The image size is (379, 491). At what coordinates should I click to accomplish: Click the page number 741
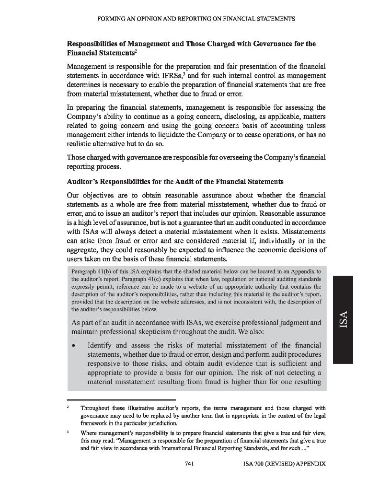pos(189,464)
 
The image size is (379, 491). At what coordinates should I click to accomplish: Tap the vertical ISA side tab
pos(343,319)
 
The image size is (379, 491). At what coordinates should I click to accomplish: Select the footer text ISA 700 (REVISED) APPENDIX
pos(285,464)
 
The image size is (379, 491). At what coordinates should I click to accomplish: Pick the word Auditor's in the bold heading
pos(84,182)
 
